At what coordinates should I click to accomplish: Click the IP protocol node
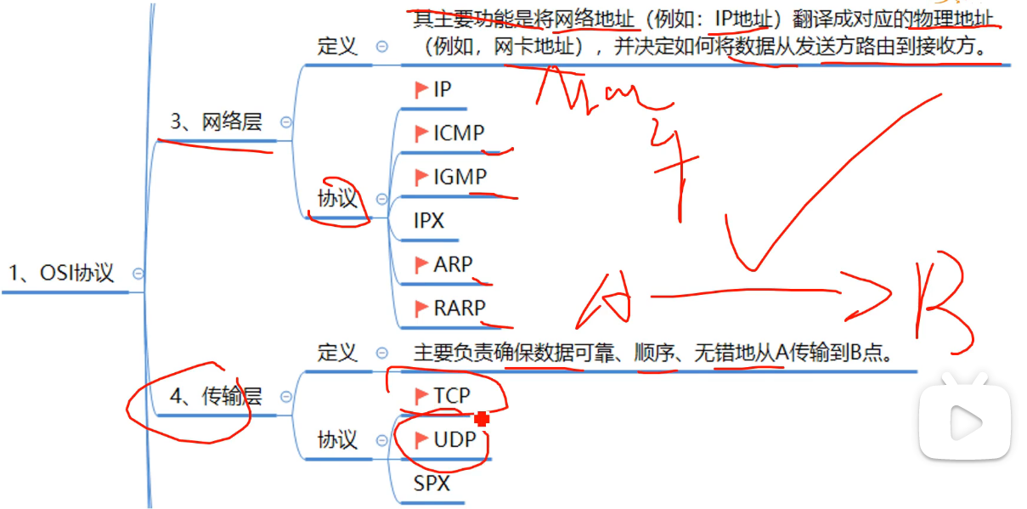[x=442, y=89]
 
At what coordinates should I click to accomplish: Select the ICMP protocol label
[x=459, y=133]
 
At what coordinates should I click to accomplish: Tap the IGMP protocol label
[x=460, y=177]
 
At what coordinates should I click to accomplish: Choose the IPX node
[x=429, y=221]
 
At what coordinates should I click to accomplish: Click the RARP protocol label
[x=460, y=308]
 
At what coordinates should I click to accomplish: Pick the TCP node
[x=451, y=395]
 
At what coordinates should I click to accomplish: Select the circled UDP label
[x=453, y=439]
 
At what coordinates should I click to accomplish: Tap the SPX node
[x=432, y=484]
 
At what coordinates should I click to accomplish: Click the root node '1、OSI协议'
[x=60, y=274]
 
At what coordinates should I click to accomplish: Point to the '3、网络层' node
[x=216, y=122]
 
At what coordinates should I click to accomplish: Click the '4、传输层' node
[x=216, y=396]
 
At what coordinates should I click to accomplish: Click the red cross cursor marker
[x=482, y=417]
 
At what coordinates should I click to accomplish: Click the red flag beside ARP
[x=421, y=265]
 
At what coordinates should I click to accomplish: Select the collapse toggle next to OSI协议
[x=138, y=274]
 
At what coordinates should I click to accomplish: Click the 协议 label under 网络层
[x=337, y=199]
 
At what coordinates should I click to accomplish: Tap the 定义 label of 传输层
[x=337, y=352]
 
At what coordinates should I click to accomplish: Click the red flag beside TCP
[x=421, y=395]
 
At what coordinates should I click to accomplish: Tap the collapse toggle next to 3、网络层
[x=286, y=122]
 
